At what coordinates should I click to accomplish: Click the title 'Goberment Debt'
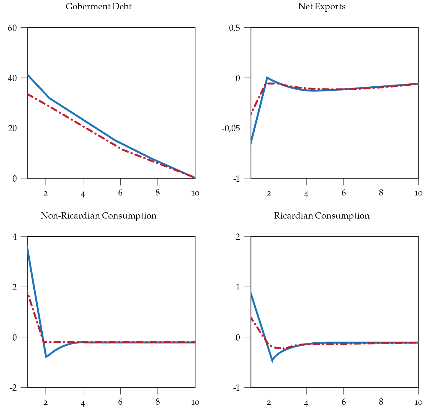tap(98, 7)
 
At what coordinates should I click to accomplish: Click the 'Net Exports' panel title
tap(322, 7)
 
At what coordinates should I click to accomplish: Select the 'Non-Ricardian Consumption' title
tap(98, 216)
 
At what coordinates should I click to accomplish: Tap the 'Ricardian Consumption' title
tap(322, 216)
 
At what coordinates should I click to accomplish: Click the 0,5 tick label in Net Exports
tap(234, 28)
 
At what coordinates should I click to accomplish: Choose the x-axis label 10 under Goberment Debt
tap(195, 193)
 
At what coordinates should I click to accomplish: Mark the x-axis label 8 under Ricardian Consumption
tap(381, 402)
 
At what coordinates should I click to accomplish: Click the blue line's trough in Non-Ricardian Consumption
tap(46, 356)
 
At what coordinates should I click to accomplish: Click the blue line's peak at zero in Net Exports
tap(267, 78)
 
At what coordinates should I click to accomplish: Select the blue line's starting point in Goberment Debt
tap(28, 75)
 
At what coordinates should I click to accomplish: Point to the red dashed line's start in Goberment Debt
tap(28, 94)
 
